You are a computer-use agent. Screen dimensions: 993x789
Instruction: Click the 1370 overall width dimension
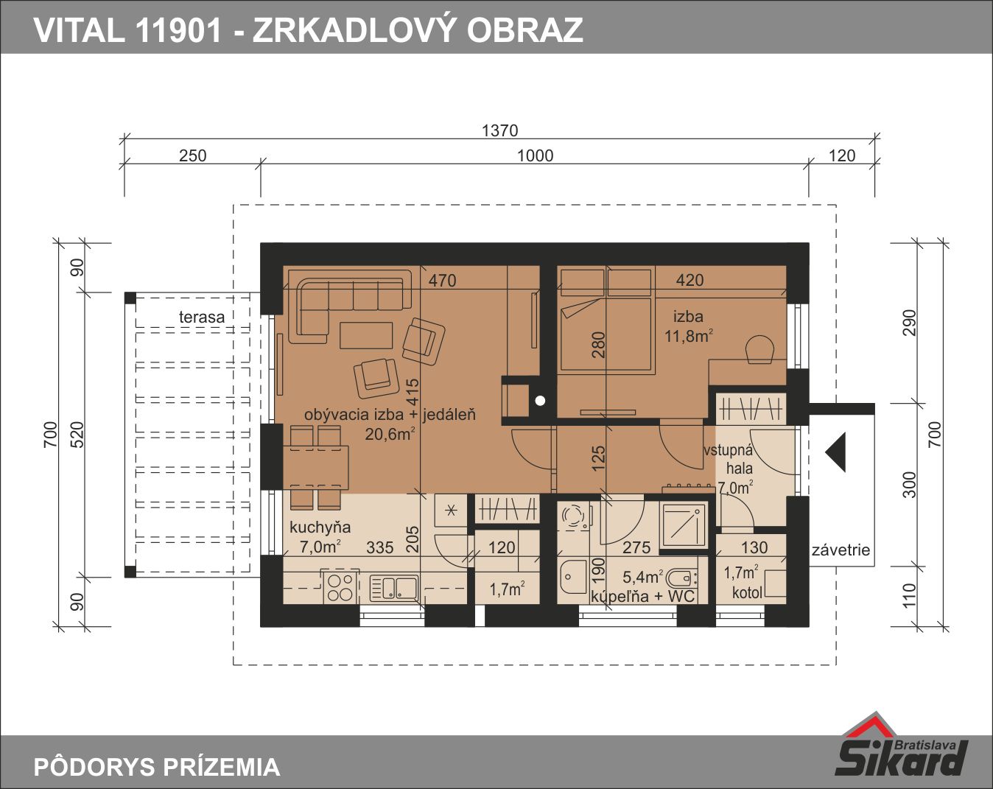click(x=499, y=130)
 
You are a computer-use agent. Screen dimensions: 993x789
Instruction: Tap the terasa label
click(x=202, y=317)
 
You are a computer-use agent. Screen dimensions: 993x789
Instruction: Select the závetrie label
click(x=841, y=550)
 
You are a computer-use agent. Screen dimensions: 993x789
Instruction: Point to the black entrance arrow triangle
click(x=835, y=452)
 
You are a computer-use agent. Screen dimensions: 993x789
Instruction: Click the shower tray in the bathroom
click(x=684, y=526)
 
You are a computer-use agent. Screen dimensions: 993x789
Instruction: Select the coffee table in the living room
click(x=366, y=335)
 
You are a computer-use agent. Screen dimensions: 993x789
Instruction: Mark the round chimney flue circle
click(x=540, y=401)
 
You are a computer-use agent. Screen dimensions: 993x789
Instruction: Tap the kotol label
click(x=747, y=592)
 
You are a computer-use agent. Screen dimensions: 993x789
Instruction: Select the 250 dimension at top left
click(x=192, y=156)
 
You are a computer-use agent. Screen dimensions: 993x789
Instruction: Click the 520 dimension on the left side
click(x=78, y=434)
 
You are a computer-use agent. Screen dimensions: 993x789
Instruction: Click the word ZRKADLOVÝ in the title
click(x=351, y=30)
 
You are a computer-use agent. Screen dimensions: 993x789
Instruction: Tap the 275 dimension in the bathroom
click(x=636, y=547)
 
